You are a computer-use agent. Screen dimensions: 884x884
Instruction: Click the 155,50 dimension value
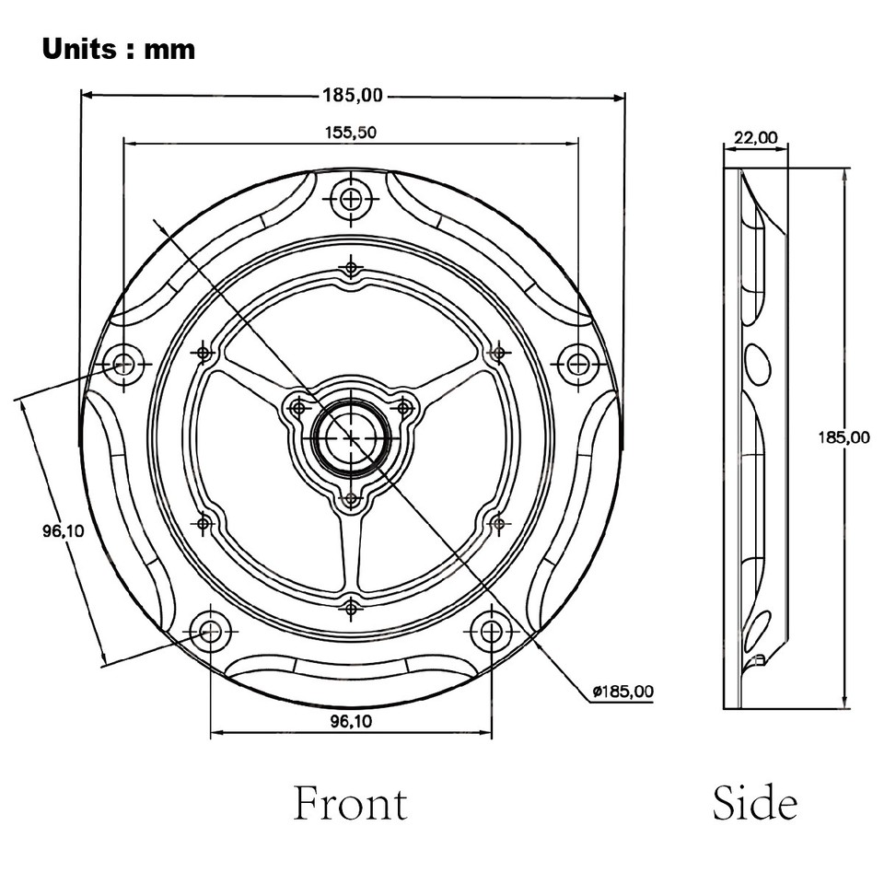click(x=350, y=132)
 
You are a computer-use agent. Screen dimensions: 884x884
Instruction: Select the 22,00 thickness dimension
click(x=755, y=138)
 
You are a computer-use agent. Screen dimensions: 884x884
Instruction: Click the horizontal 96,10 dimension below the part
click(x=350, y=723)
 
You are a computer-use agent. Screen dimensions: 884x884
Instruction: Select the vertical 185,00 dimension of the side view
click(x=843, y=436)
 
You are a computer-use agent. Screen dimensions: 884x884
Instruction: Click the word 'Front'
click(x=350, y=803)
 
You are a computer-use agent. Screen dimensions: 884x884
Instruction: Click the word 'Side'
click(x=754, y=803)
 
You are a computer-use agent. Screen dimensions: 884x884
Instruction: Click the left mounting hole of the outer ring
click(x=123, y=364)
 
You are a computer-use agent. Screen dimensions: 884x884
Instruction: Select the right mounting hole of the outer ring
click(x=578, y=364)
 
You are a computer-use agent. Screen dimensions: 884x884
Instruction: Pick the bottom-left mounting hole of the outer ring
click(x=211, y=631)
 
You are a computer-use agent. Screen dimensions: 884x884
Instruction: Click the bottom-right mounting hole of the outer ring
click(x=492, y=631)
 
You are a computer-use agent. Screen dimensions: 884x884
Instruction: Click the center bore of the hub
click(x=351, y=437)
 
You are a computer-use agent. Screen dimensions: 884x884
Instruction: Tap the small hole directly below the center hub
click(x=351, y=501)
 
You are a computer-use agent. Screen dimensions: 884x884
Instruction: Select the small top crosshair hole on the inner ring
click(x=351, y=269)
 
